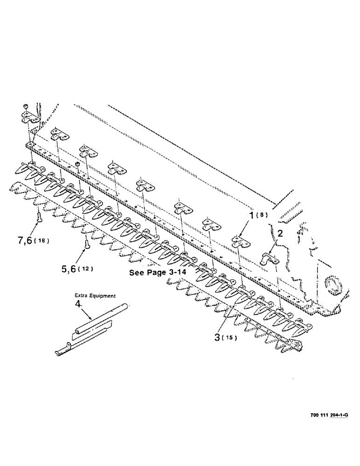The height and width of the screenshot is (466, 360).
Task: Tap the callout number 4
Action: (78, 303)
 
